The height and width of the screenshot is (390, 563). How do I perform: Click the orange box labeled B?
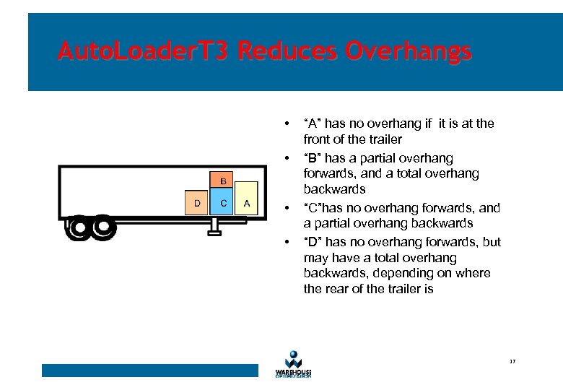(x=223, y=180)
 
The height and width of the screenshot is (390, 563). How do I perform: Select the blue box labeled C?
(x=223, y=203)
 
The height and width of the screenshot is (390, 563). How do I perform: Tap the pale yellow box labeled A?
(x=246, y=203)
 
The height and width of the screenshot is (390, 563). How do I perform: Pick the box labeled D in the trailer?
(x=197, y=203)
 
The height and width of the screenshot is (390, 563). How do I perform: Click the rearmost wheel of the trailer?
(x=79, y=228)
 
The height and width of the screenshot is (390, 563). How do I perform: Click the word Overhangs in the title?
(x=409, y=51)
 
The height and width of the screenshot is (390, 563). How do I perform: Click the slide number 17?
(x=511, y=361)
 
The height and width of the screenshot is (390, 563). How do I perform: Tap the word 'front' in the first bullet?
(x=316, y=139)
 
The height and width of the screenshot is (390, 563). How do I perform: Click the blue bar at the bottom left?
(x=149, y=370)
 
